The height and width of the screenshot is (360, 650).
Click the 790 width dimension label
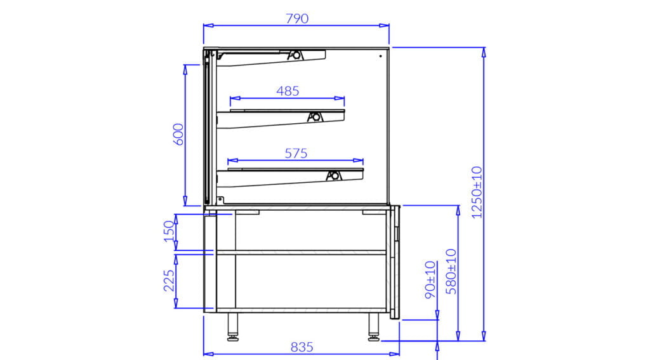[297, 18]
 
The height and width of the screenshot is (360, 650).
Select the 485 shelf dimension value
[288, 91]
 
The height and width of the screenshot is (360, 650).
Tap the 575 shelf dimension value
[296, 154]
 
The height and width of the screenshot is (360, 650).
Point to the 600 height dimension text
[178, 134]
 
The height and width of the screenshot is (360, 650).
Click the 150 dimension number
[169, 231]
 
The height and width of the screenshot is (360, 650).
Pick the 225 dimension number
[169, 281]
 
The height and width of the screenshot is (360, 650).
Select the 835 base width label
[302, 347]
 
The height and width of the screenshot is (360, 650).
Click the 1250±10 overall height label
[477, 192]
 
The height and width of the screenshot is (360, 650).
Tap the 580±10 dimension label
[451, 272]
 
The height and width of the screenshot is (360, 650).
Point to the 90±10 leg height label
[430, 279]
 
